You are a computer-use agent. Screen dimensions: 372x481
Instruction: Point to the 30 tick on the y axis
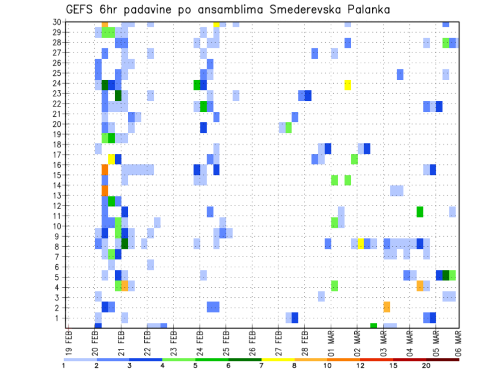[59, 22]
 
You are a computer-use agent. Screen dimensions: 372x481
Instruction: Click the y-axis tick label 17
[59, 155]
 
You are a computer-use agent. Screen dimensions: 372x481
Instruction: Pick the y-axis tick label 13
[59, 196]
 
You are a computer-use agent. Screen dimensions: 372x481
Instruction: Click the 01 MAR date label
[332, 343]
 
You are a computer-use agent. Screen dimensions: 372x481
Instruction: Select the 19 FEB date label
[69, 343]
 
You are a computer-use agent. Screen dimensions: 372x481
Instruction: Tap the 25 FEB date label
[226, 343]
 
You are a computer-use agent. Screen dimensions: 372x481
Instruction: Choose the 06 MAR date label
[458, 343]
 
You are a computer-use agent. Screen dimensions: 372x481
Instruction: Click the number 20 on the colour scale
[426, 365]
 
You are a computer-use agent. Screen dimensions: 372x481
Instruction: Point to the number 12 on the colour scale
[360, 365]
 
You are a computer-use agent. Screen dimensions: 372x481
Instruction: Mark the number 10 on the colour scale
[328, 365]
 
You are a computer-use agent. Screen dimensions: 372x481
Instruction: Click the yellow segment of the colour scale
[278, 359]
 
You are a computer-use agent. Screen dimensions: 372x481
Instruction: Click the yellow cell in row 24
[348, 85]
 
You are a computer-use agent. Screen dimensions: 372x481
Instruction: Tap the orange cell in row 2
[387, 307]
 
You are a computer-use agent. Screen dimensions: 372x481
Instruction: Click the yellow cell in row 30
[216, 24]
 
